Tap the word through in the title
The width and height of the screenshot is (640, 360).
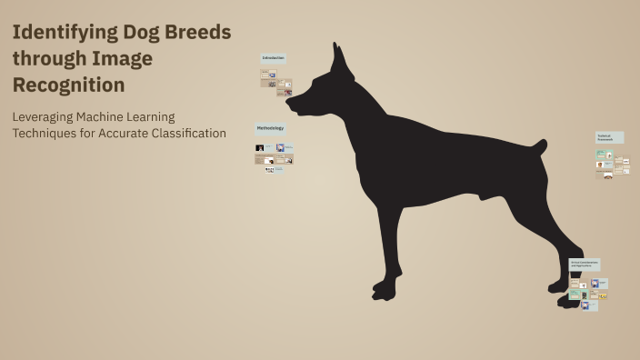[x=48, y=59]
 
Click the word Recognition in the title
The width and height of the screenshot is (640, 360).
[x=68, y=85]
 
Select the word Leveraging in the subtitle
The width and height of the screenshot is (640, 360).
[x=45, y=116]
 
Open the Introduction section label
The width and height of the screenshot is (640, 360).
[x=274, y=58]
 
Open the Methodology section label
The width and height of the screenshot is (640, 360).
[x=270, y=128]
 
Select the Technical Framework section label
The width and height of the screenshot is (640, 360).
[x=609, y=136]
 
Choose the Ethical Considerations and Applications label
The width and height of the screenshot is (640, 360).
[x=584, y=264]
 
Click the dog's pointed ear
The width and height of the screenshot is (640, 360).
[x=340, y=60]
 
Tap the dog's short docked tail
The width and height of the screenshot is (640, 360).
[x=539, y=145]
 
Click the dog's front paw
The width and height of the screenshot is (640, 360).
[x=385, y=291]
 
